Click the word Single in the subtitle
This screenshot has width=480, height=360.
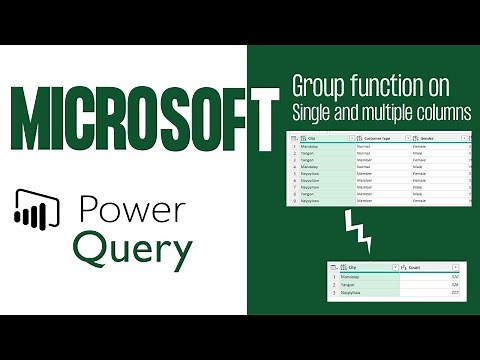pyautogui.click(x=313, y=112)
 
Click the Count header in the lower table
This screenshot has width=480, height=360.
pyautogui.click(x=414, y=267)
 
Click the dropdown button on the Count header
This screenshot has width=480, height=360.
pyautogui.click(x=456, y=267)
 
